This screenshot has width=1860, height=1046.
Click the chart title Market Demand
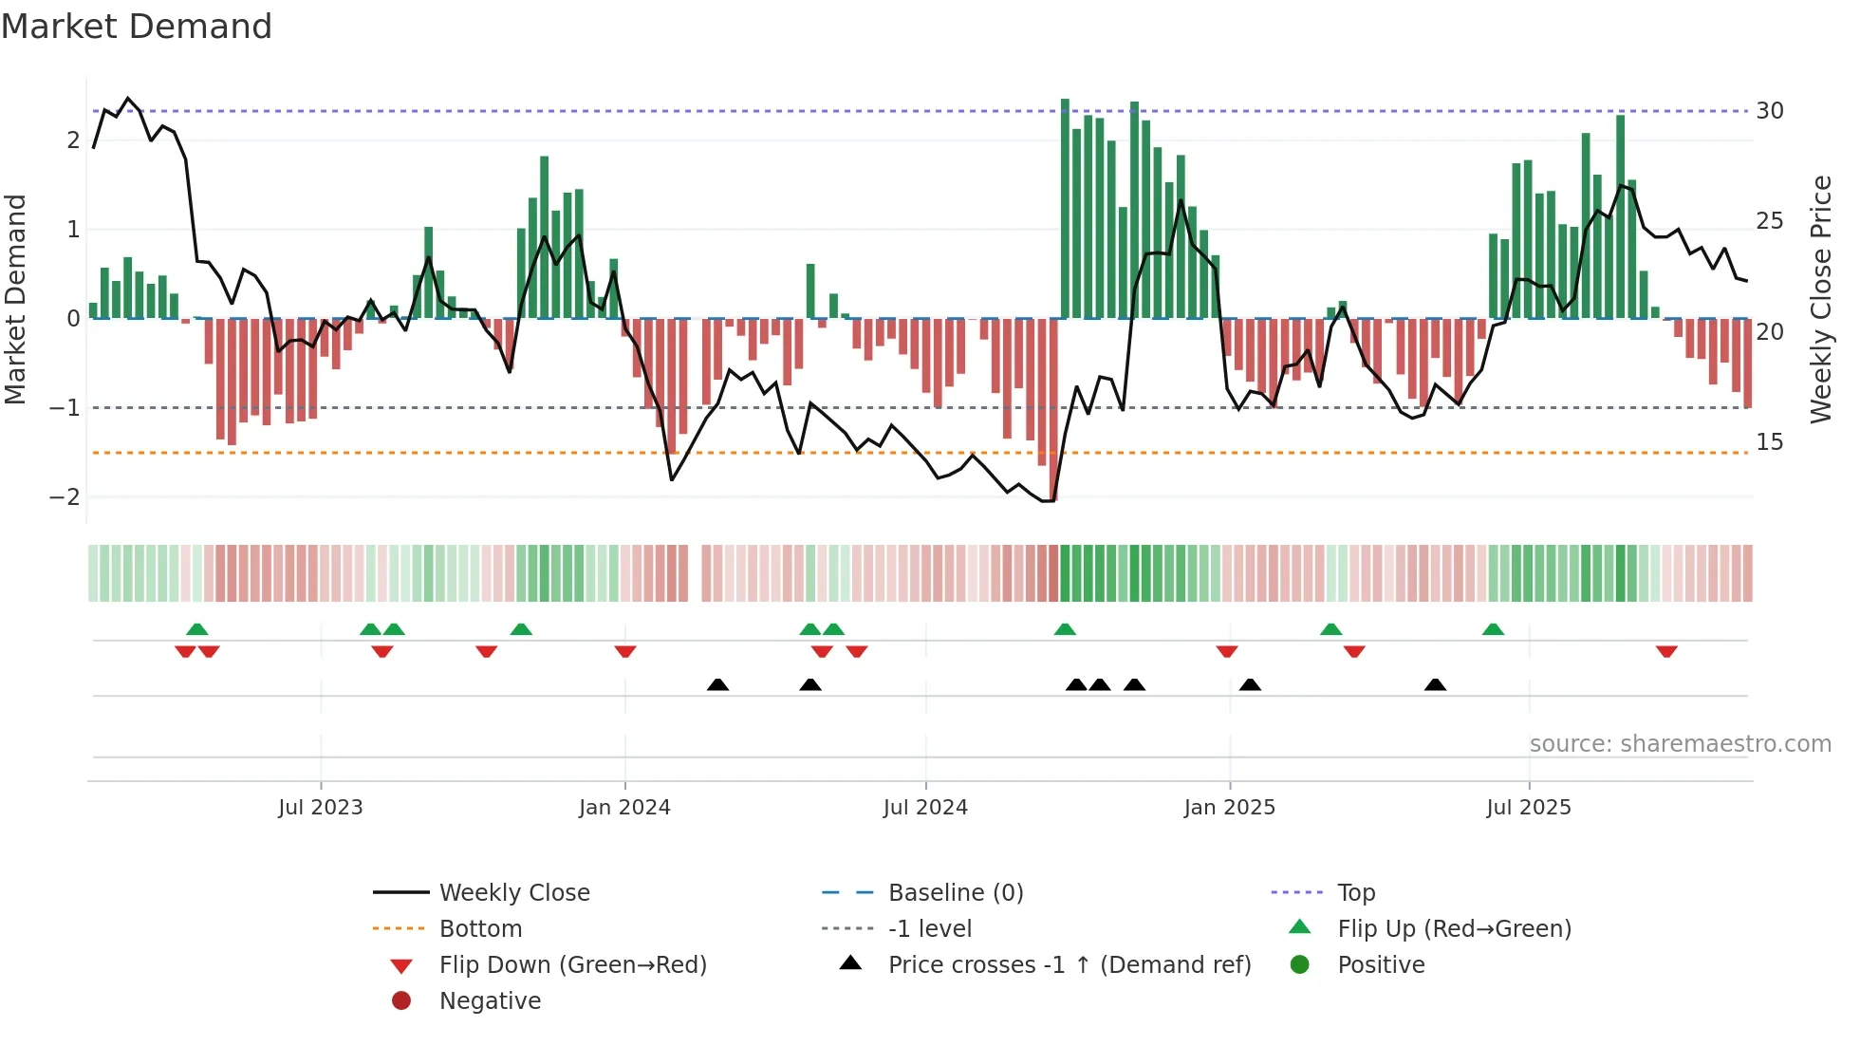[137, 27]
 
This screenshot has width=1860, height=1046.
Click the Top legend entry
[1355, 892]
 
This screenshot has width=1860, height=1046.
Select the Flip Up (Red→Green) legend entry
[1454, 928]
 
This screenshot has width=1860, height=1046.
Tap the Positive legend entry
[1380, 964]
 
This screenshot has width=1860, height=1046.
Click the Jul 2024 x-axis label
[925, 807]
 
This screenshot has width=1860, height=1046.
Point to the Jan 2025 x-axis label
[1229, 807]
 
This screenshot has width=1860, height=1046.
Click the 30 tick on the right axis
[1769, 111]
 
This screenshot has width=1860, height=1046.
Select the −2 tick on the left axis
[65, 496]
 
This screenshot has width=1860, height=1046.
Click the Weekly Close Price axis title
[1820, 299]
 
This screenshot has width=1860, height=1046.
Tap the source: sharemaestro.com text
[1680, 743]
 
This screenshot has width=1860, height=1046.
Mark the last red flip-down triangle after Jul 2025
[1666, 652]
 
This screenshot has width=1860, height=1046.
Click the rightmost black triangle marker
[1435, 684]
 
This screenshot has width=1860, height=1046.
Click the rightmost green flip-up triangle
[1493, 629]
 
